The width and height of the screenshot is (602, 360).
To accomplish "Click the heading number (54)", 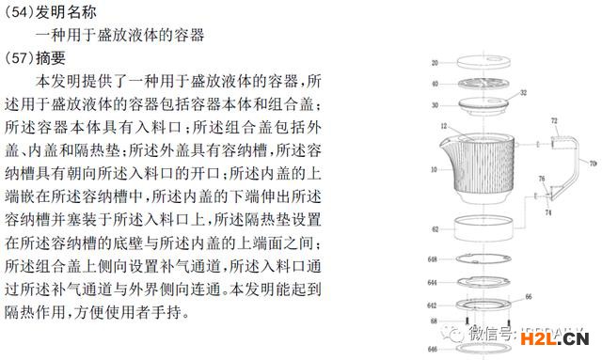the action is click(20, 12).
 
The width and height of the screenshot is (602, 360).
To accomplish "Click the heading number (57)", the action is click(20, 58).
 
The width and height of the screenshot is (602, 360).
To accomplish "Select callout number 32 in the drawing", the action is click(522, 94).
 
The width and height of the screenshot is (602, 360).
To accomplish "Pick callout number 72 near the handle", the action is click(553, 121).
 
